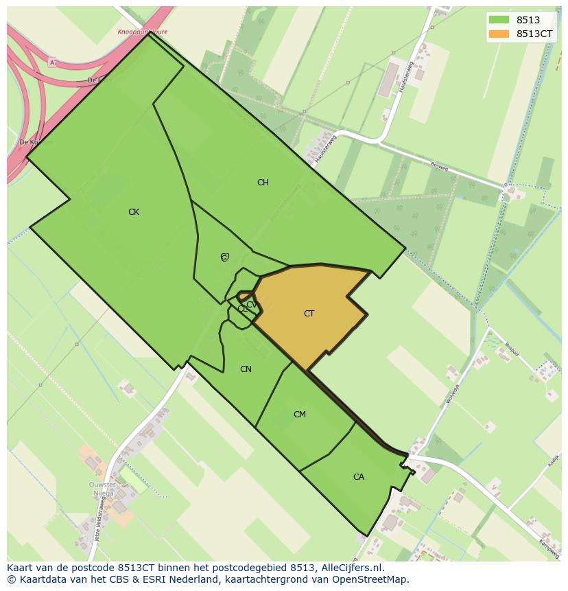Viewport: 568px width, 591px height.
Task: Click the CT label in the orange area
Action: pyautogui.click(x=309, y=314)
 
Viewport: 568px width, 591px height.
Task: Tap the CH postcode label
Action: pyautogui.click(x=263, y=183)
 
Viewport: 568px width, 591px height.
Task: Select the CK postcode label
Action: pyautogui.click(x=134, y=212)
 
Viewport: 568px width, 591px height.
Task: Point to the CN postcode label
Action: pyautogui.click(x=246, y=369)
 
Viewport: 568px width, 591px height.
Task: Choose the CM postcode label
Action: pyautogui.click(x=300, y=415)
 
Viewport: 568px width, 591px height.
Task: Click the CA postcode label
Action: pyautogui.click(x=359, y=477)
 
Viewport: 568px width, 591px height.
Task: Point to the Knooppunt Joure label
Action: pyautogui.click(x=142, y=32)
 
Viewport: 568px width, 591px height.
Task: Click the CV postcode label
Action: pyautogui.click(x=251, y=305)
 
